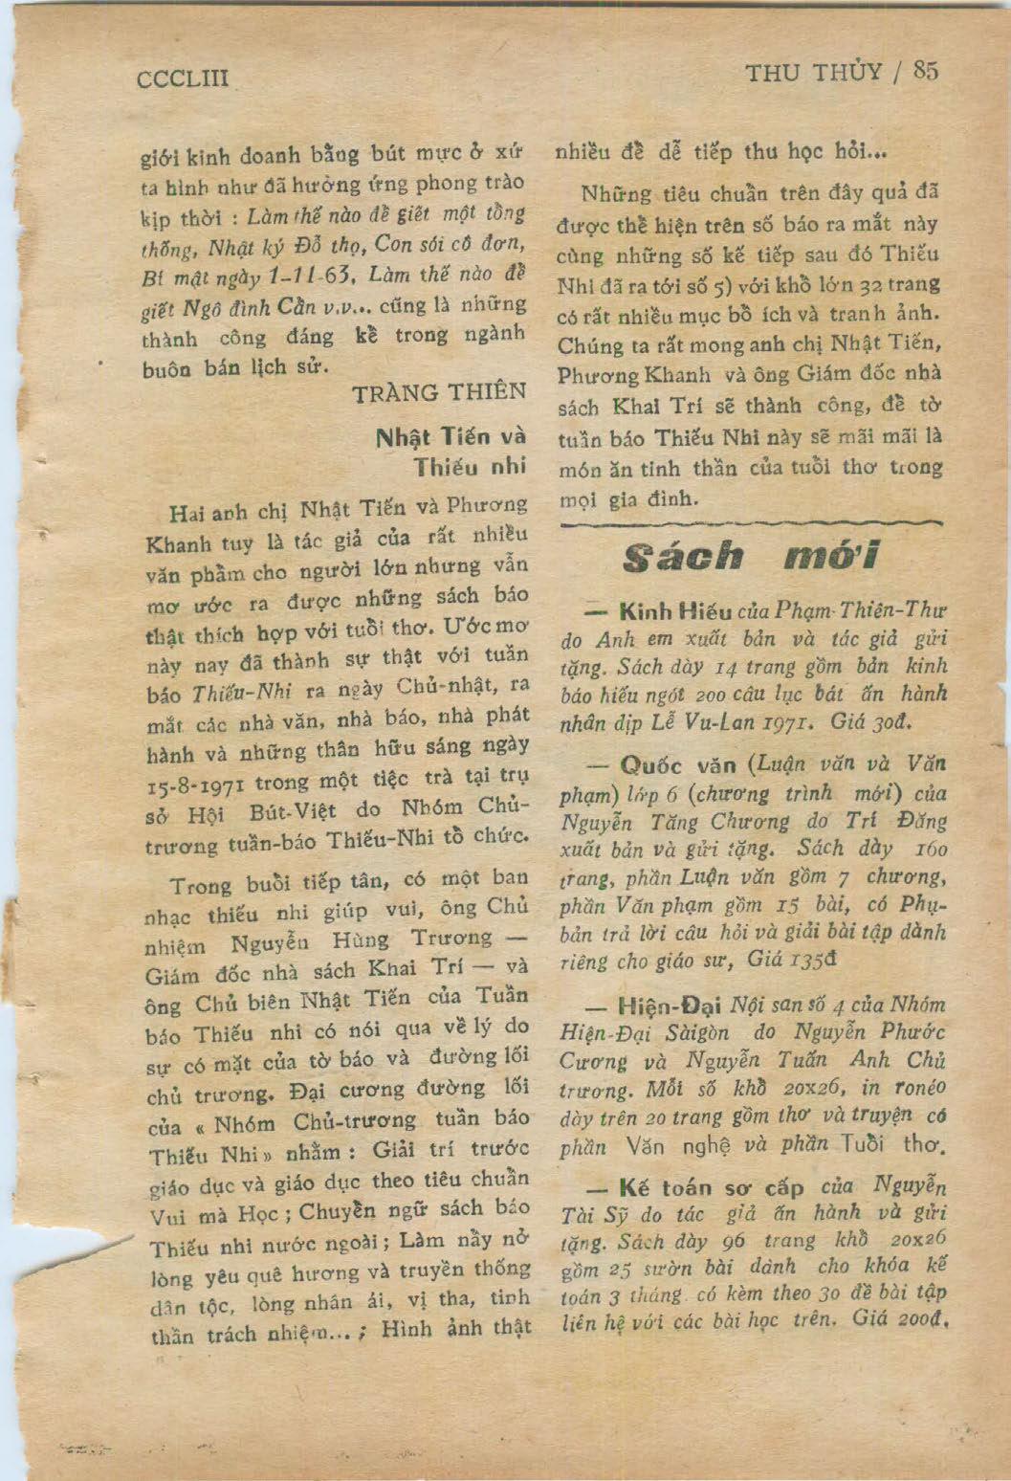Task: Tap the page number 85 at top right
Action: click(x=925, y=71)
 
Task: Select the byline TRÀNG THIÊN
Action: click(x=439, y=392)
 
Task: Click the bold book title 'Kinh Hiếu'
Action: click(x=675, y=610)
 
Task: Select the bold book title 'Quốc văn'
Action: click(x=677, y=764)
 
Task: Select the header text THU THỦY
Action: click(x=813, y=73)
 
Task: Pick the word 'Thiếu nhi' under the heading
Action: click(x=470, y=469)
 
